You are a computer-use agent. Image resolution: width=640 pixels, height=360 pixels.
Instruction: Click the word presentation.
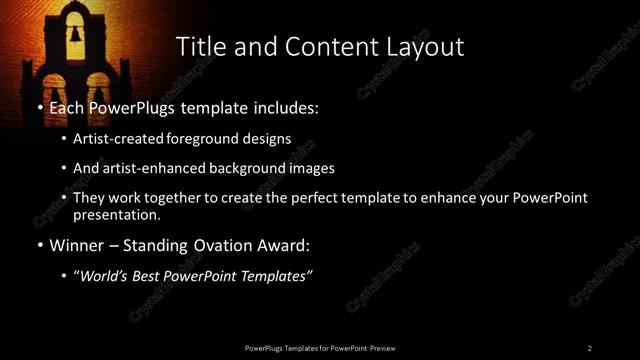coord(117,215)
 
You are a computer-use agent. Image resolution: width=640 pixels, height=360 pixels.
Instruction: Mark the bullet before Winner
coord(39,246)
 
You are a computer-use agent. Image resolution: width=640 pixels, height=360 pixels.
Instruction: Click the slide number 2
coord(589,348)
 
